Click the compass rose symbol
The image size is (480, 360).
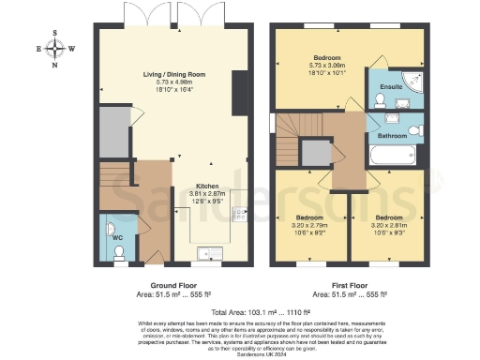(x=55, y=49)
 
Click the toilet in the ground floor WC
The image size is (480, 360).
(x=111, y=227)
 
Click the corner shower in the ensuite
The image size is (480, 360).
(x=409, y=79)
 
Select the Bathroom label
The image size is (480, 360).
(x=391, y=136)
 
